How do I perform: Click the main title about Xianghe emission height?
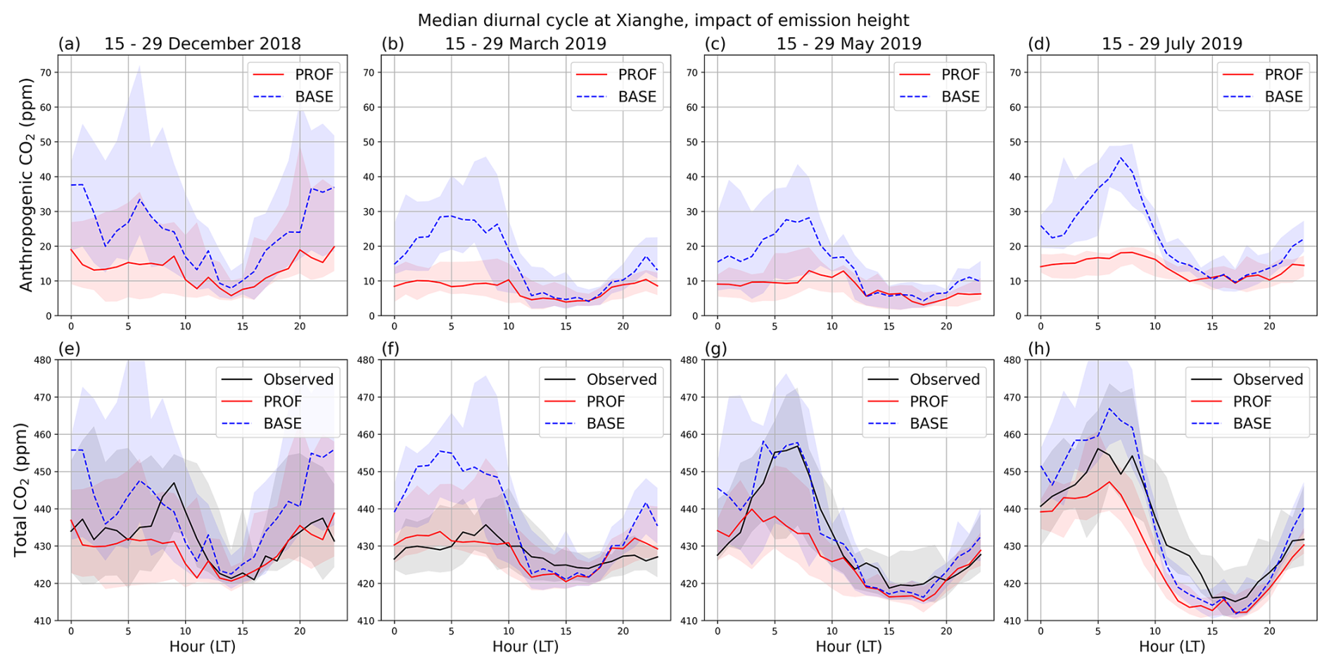point(663,20)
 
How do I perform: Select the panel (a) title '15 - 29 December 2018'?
point(203,44)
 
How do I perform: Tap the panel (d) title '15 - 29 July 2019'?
point(1172,44)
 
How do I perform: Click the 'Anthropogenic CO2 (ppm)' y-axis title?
point(26,185)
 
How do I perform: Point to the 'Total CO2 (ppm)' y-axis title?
point(20,490)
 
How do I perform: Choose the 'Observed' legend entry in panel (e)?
point(298,379)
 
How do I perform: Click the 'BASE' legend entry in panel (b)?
point(637,96)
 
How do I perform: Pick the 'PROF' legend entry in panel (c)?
point(960,75)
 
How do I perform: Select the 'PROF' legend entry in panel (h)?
point(1252,401)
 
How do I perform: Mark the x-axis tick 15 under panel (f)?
point(566,631)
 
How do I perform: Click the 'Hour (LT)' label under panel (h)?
point(1172,646)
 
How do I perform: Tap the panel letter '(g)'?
point(715,349)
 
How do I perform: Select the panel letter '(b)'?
point(393,44)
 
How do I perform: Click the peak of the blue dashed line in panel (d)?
point(1121,158)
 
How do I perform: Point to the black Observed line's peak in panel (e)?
point(174,483)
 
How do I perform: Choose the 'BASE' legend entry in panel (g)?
point(929,423)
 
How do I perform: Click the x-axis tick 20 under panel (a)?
point(300,326)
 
